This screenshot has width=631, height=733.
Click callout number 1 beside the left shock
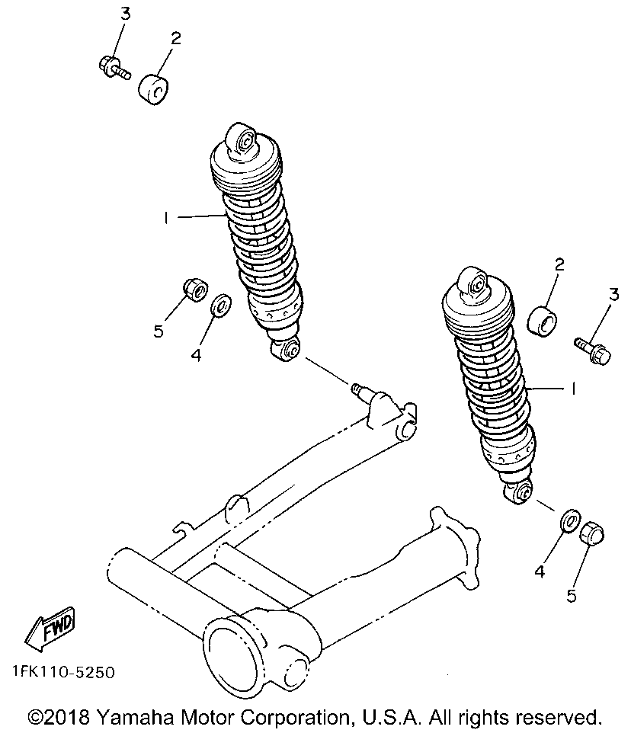165,218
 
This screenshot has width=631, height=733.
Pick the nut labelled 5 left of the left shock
195,290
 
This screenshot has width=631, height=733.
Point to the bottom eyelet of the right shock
520,492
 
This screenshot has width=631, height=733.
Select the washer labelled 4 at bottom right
569,522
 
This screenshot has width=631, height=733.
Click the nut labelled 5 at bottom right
592,534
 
